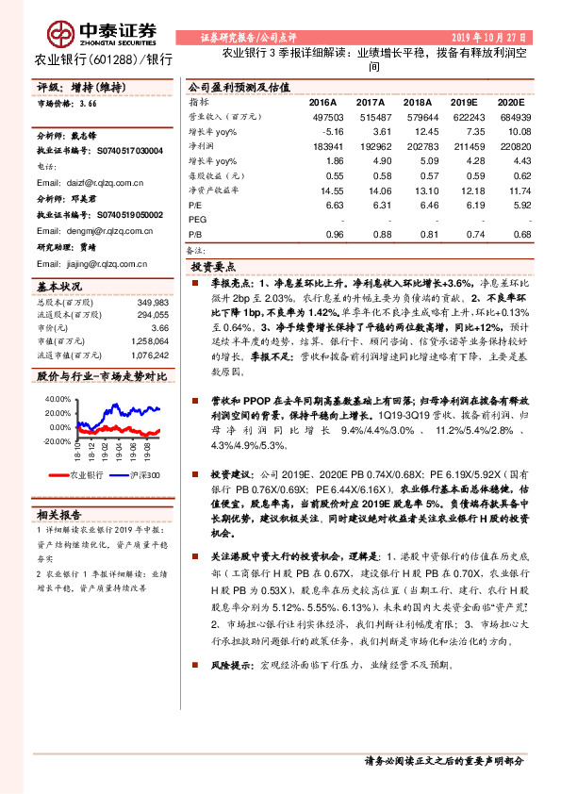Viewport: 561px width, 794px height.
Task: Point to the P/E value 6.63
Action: pos(334,204)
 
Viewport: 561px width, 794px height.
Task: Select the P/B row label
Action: pos(196,235)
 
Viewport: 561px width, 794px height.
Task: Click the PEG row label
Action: pos(199,219)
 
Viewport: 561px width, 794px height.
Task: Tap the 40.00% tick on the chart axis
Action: pos(58,399)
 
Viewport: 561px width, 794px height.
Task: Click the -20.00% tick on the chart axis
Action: pos(57,441)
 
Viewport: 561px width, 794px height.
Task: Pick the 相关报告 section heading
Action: pos(58,515)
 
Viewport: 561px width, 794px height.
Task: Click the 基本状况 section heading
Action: pos(58,286)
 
